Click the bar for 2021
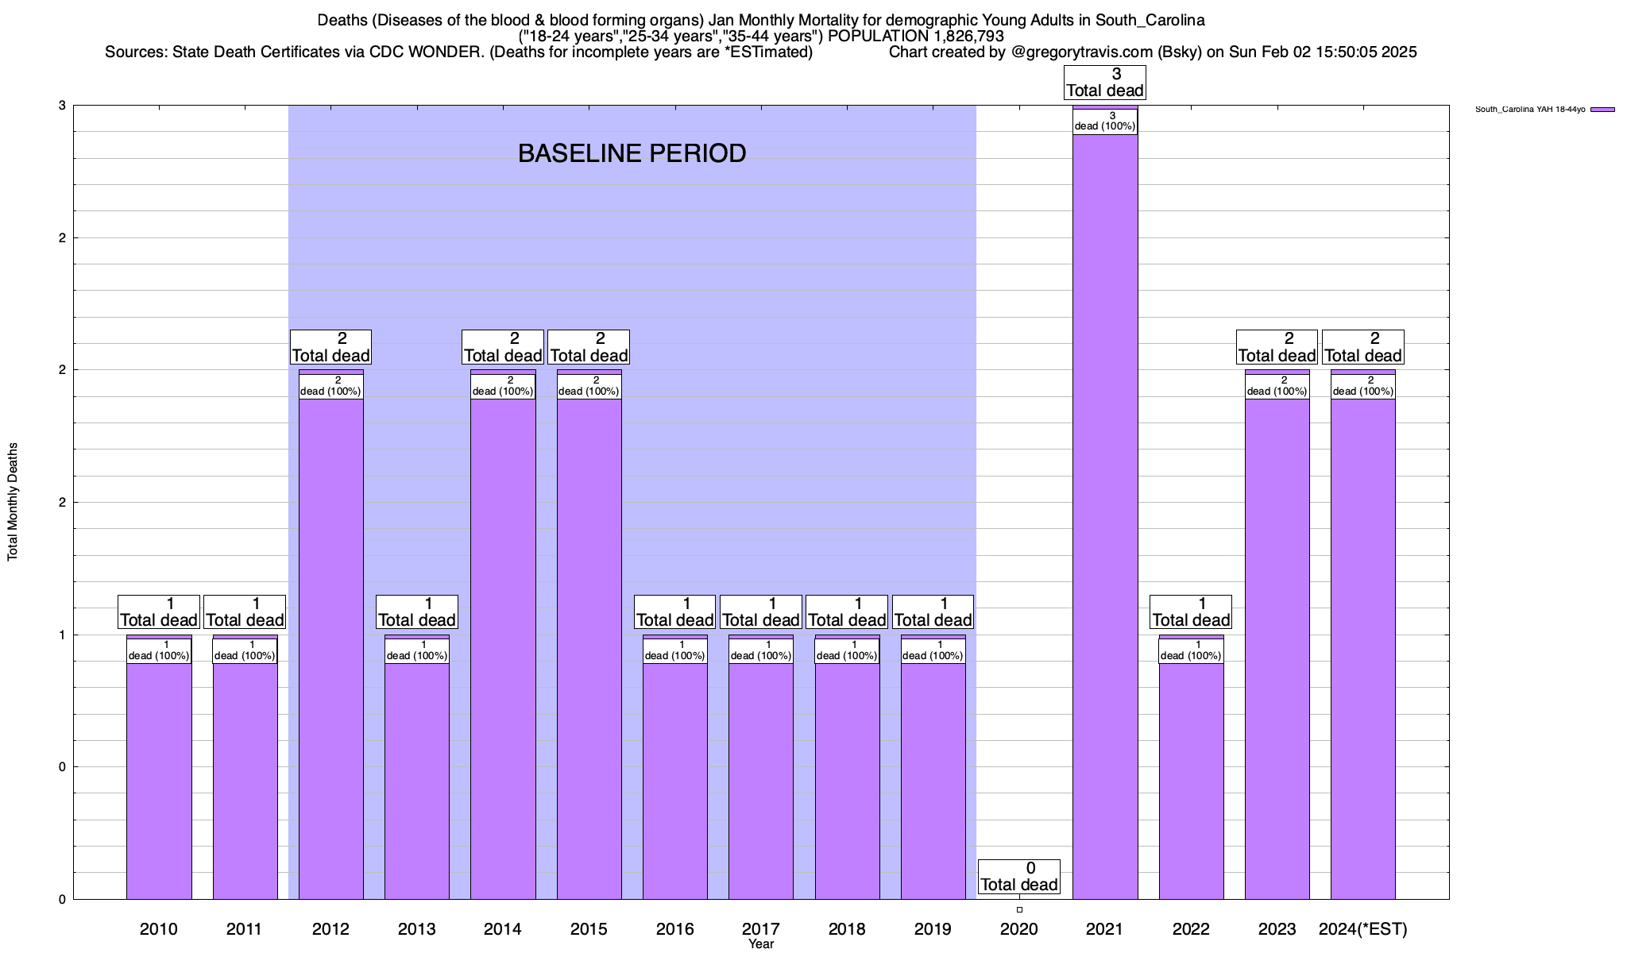coord(1105,516)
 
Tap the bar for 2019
coord(933,778)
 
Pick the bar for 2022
coord(1191,778)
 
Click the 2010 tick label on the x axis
coord(159,928)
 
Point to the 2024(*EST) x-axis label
coord(1362,928)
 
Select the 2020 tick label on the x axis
coord(1019,928)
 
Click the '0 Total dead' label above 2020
coord(1019,877)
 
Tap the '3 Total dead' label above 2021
coord(1105,83)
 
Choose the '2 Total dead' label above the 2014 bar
coord(503,347)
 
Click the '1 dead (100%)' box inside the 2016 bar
coord(674,650)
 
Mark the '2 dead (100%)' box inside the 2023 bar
coord(1277,386)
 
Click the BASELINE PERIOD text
coord(632,153)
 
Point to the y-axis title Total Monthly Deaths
coord(13,502)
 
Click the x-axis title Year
coord(760,944)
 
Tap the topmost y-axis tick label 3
coord(60,106)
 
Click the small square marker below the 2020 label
coord(1019,910)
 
